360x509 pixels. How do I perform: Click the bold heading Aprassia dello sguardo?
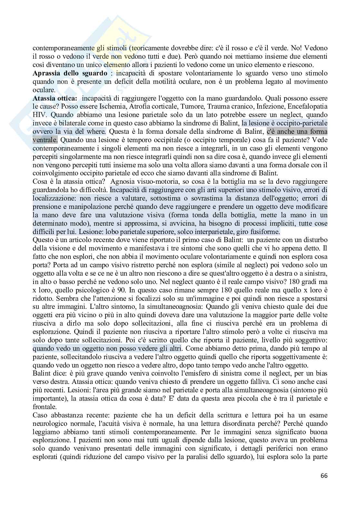click(x=70, y=73)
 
